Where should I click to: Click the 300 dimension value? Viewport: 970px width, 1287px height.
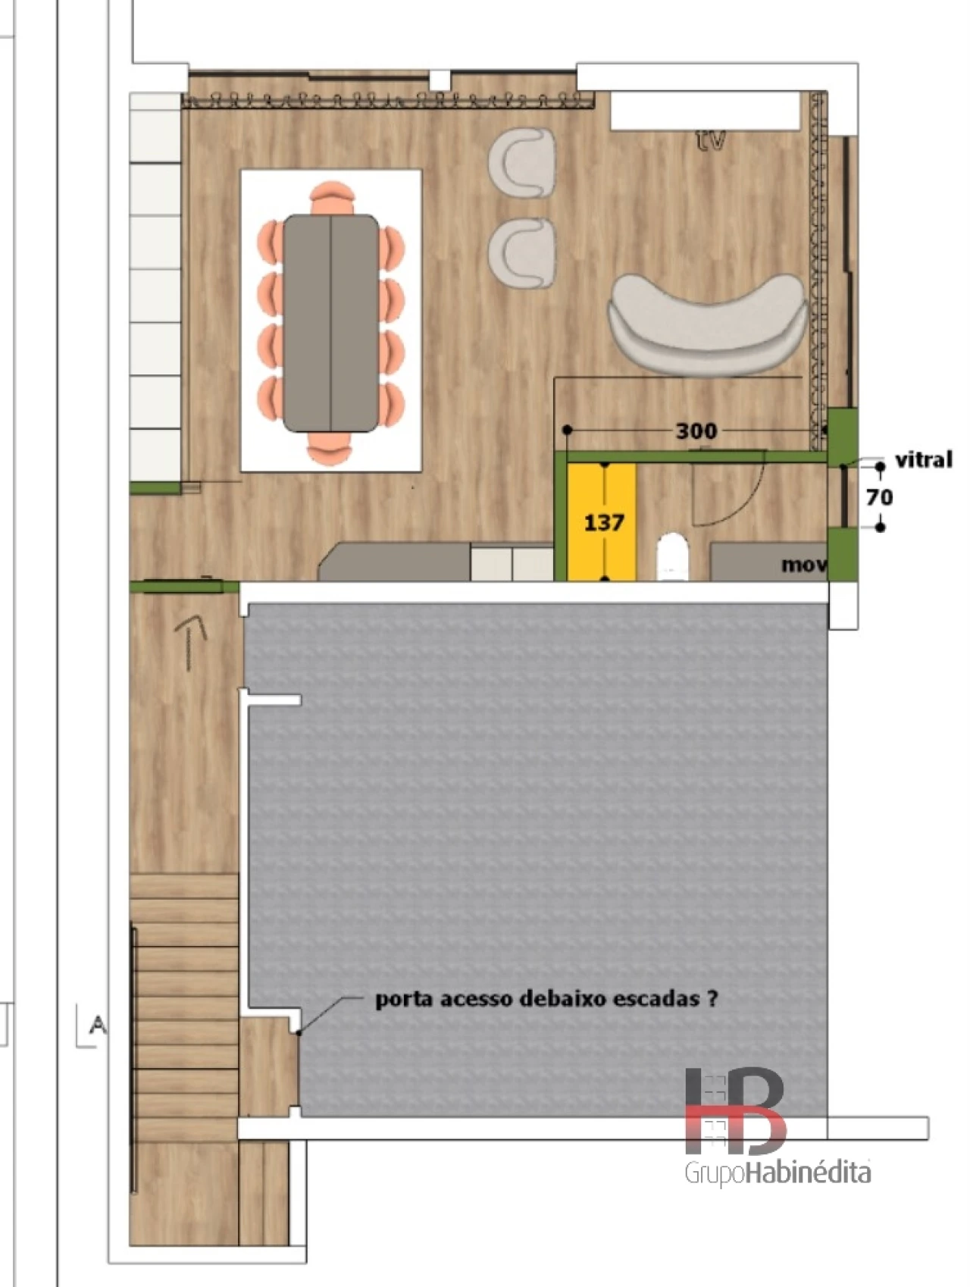696,431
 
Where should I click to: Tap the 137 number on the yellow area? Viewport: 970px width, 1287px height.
604,522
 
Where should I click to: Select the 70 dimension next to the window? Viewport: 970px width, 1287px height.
879,497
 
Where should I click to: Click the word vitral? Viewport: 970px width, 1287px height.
924,459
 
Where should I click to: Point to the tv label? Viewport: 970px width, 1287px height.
711,139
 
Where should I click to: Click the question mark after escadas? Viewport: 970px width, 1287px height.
712,998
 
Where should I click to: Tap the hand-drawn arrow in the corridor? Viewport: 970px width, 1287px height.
191,641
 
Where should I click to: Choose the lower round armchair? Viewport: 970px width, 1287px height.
522,254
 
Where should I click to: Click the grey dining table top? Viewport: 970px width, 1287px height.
331,324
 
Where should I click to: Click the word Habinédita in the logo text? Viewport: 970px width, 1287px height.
809,1173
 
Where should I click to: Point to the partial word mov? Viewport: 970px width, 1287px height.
803,565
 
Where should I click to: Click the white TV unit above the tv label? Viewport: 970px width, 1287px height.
706,111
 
